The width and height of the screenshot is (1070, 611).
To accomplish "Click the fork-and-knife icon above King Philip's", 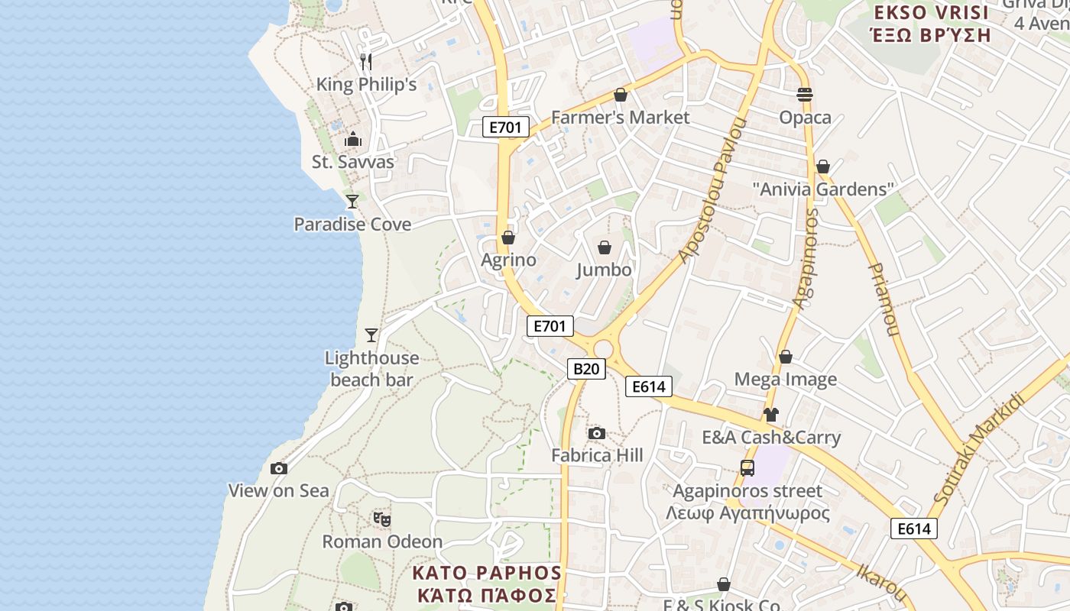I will point(366,61).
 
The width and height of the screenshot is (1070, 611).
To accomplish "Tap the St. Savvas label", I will point(353,162).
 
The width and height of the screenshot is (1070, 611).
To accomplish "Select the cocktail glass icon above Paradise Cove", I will point(352,201).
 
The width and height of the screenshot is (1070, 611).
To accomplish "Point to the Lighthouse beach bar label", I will point(371,369).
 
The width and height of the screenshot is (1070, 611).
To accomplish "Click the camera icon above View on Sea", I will point(279,468).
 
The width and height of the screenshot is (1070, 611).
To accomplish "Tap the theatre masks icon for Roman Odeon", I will point(382,519).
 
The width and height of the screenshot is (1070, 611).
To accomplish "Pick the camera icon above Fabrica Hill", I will point(597,434).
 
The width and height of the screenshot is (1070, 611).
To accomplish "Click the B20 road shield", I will point(586,369).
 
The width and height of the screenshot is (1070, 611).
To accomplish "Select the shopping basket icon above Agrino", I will point(508,238).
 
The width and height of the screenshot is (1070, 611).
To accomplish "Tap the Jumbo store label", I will point(604,270).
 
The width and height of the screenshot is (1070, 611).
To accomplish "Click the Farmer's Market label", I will point(620,118).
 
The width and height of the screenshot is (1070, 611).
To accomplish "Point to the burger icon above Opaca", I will point(804,95).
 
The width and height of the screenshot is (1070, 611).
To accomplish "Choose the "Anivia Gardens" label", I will point(823,189).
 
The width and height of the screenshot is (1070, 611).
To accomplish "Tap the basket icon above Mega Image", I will point(785,357).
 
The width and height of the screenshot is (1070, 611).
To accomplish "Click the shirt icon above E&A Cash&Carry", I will point(770,415).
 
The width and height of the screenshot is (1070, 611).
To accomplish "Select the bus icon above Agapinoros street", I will point(747,468).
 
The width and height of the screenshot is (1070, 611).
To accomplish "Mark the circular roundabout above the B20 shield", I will point(603,349).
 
